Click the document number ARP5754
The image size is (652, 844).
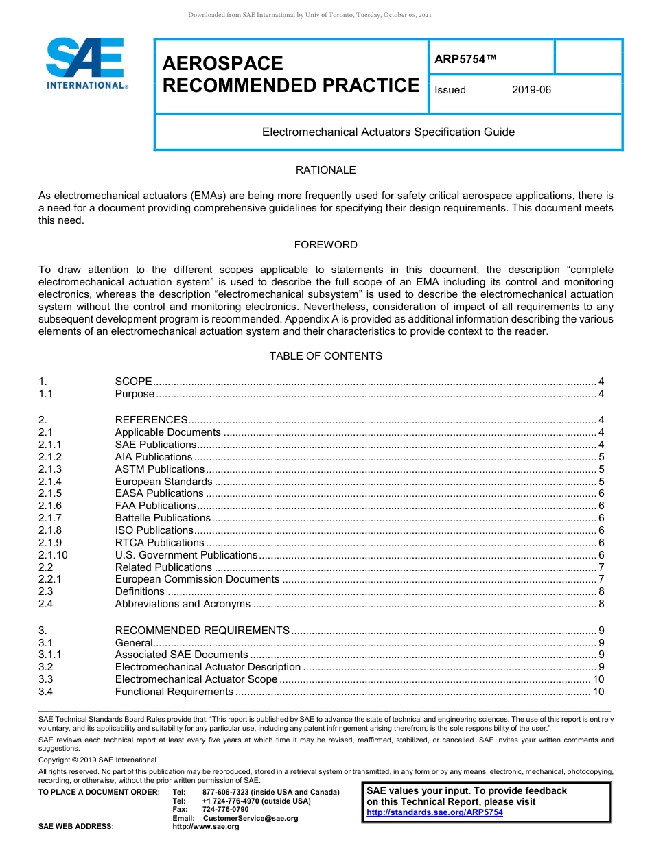465,60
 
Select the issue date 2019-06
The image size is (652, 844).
531,90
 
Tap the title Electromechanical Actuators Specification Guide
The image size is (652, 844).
388,132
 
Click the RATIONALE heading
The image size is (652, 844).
325,170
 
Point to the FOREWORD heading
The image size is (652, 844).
325,245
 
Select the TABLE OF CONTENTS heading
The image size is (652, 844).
325,356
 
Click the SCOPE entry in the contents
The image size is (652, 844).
133,382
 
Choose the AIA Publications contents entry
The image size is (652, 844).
154,457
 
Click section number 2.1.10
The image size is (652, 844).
54,555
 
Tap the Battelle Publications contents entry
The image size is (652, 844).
163,518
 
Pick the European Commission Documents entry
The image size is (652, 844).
197,579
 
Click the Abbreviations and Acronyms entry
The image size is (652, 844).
183,604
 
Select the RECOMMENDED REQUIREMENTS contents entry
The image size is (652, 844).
202,631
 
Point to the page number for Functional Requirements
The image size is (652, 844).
598,692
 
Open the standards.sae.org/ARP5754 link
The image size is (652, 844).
434,812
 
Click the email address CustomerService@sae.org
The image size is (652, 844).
251,818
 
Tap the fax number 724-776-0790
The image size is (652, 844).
225,810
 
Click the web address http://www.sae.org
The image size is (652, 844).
206,827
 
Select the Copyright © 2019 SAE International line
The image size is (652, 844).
97,760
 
